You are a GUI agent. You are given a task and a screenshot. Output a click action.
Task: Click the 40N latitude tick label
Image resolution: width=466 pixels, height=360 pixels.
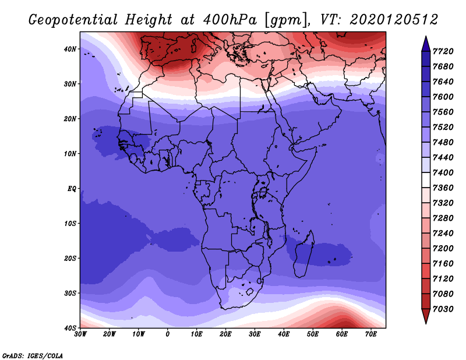pos(70,49)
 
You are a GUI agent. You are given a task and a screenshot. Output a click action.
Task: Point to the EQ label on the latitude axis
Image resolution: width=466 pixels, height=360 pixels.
pos(72,189)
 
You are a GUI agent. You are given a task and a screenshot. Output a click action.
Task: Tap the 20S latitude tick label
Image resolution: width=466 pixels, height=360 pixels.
pos(70,258)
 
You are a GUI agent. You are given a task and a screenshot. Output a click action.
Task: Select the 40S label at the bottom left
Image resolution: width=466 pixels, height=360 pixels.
pos(70,328)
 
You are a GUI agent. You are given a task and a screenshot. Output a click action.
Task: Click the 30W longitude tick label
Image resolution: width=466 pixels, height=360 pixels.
pos(80,334)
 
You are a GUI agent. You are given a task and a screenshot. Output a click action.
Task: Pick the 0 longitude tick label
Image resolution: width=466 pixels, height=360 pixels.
pos(168,334)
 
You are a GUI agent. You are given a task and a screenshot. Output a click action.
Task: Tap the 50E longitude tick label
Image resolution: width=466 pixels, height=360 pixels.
pos(313,334)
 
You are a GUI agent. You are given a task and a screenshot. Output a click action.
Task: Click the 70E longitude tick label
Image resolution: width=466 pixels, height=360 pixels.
pos(371,334)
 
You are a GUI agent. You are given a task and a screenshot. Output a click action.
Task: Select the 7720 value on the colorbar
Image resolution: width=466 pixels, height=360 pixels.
pos(443,51)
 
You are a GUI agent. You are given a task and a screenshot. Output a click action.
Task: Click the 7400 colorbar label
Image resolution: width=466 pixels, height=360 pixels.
pos(443,172)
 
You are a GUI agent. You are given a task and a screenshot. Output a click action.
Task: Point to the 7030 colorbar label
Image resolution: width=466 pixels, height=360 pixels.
pos(443,309)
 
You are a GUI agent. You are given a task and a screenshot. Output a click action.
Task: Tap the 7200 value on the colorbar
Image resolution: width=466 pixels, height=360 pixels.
pos(443,248)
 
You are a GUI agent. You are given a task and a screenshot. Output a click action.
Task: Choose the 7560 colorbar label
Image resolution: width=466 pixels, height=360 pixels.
pos(443,112)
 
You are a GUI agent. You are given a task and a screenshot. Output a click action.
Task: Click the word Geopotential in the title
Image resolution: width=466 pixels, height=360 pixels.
pos(73,20)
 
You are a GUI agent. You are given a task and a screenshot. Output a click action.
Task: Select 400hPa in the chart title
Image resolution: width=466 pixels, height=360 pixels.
pos(230,20)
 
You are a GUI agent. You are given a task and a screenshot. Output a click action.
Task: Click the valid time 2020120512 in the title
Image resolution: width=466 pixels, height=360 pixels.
pos(394,20)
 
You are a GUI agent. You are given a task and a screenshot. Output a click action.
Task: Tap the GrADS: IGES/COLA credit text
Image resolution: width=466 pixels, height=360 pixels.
pos(33,355)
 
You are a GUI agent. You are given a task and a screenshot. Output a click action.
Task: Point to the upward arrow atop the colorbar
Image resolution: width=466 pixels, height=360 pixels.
pos(426,44)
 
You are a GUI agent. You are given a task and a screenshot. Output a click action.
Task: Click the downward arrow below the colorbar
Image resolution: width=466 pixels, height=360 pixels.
pos(426,316)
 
